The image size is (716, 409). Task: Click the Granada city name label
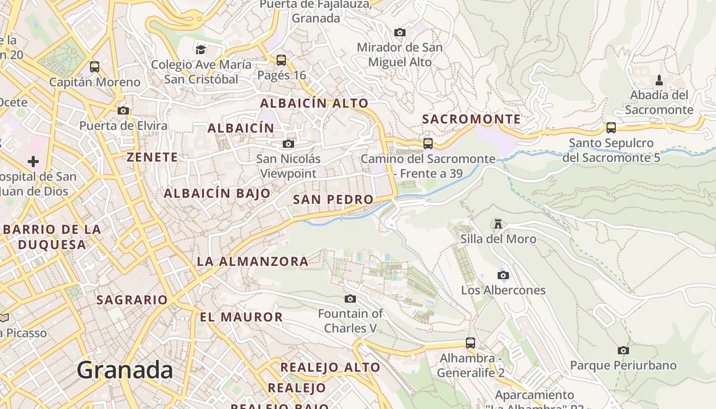click(125, 370)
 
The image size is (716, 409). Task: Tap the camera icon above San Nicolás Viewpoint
click(288, 144)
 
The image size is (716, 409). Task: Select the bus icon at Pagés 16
click(281, 60)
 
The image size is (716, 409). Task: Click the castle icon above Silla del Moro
click(498, 224)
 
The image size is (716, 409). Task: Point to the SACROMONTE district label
click(471, 120)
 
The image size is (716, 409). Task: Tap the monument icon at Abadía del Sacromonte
click(659, 80)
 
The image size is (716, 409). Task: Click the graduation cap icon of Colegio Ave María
click(201, 50)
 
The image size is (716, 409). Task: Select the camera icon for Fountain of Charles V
click(350, 299)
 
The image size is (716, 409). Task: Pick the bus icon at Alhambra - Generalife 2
click(471, 343)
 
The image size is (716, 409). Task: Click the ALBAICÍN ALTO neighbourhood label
click(314, 103)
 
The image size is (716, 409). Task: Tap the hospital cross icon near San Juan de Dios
click(33, 162)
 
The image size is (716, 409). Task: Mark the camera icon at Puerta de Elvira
click(123, 110)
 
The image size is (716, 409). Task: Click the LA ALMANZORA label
click(253, 262)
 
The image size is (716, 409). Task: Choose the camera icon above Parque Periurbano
click(623, 350)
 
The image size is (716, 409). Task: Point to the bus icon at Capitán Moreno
click(95, 67)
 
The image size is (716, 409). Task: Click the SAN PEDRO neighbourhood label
click(333, 200)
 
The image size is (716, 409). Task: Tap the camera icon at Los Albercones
click(503, 276)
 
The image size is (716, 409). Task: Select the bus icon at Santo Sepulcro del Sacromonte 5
click(611, 128)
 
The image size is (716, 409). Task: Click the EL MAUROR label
click(241, 317)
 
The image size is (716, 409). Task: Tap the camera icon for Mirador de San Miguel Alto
click(400, 33)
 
